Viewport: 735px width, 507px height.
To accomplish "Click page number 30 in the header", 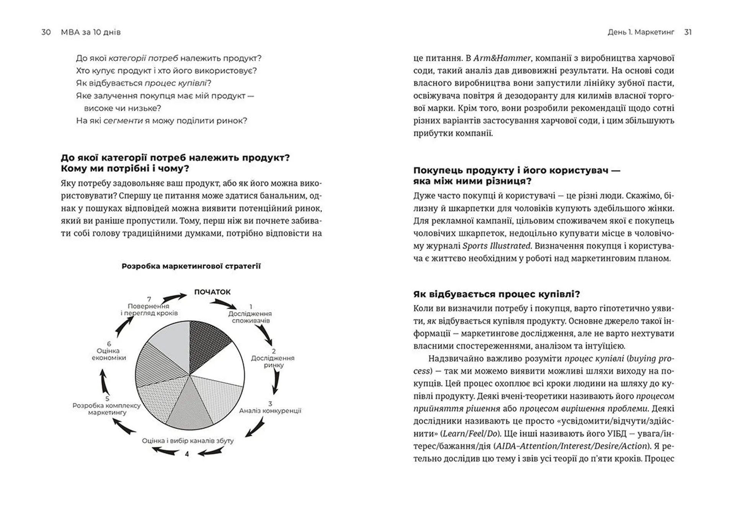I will (x=46, y=32).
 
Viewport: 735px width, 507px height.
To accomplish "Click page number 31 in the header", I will (x=688, y=32).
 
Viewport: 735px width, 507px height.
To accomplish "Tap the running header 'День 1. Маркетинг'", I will (x=640, y=32).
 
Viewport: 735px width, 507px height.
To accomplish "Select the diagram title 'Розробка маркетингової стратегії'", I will (x=191, y=266).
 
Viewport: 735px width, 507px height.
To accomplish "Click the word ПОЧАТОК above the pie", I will (x=212, y=292).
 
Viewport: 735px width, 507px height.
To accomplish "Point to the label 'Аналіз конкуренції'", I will (x=270, y=411).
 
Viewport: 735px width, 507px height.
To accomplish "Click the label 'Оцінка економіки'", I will (x=109, y=354).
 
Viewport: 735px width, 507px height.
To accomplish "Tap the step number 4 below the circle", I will (x=187, y=454).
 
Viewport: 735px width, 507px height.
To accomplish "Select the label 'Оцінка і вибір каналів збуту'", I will (x=188, y=440).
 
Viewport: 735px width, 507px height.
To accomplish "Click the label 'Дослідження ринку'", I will (x=273, y=361).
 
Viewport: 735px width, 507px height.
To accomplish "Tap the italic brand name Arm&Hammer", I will (x=502, y=58).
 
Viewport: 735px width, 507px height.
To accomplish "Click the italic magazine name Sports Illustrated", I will (x=497, y=246).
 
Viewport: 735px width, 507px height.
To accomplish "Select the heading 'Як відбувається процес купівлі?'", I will (x=497, y=294).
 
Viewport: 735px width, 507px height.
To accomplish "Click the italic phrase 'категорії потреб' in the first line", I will (x=143, y=58).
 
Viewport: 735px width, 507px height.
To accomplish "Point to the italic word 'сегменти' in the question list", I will (x=123, y=121).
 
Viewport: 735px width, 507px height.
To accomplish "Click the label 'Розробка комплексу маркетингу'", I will (x=106, y=409).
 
